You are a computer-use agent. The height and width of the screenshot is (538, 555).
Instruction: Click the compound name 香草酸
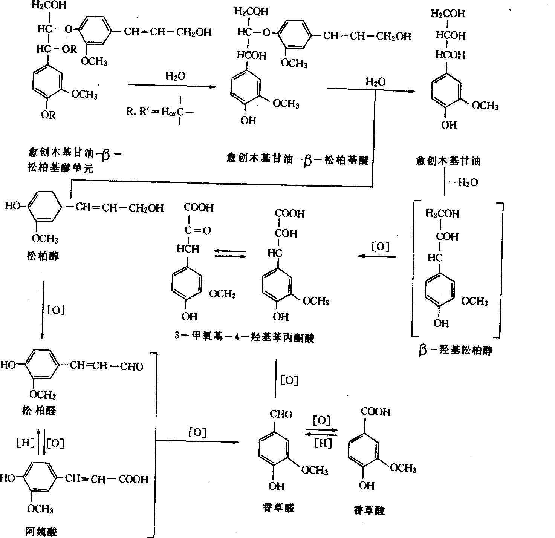pos(369,510)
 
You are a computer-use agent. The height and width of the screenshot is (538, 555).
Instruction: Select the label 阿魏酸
pos(41,532)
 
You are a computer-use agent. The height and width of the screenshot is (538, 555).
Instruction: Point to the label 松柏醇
pos(43,256)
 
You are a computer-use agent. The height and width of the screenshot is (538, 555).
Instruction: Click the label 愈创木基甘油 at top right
pos(448,161)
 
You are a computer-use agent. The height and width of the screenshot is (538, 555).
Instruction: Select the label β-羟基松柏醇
pos(456,351)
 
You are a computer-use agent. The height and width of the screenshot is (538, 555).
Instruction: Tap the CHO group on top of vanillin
pos(281,415)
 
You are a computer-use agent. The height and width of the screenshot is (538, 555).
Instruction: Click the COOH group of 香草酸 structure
pos(376,412)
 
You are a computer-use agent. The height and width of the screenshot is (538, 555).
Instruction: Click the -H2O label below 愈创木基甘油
pos(462,183)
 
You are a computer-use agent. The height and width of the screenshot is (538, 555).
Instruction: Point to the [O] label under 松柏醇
pos(56,310)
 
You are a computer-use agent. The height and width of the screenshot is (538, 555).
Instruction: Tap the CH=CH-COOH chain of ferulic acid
pos(107,479)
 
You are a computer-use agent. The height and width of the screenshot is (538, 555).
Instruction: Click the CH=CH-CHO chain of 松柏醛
pos(107,366)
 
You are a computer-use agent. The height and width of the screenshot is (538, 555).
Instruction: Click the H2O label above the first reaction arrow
pos(175,76)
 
